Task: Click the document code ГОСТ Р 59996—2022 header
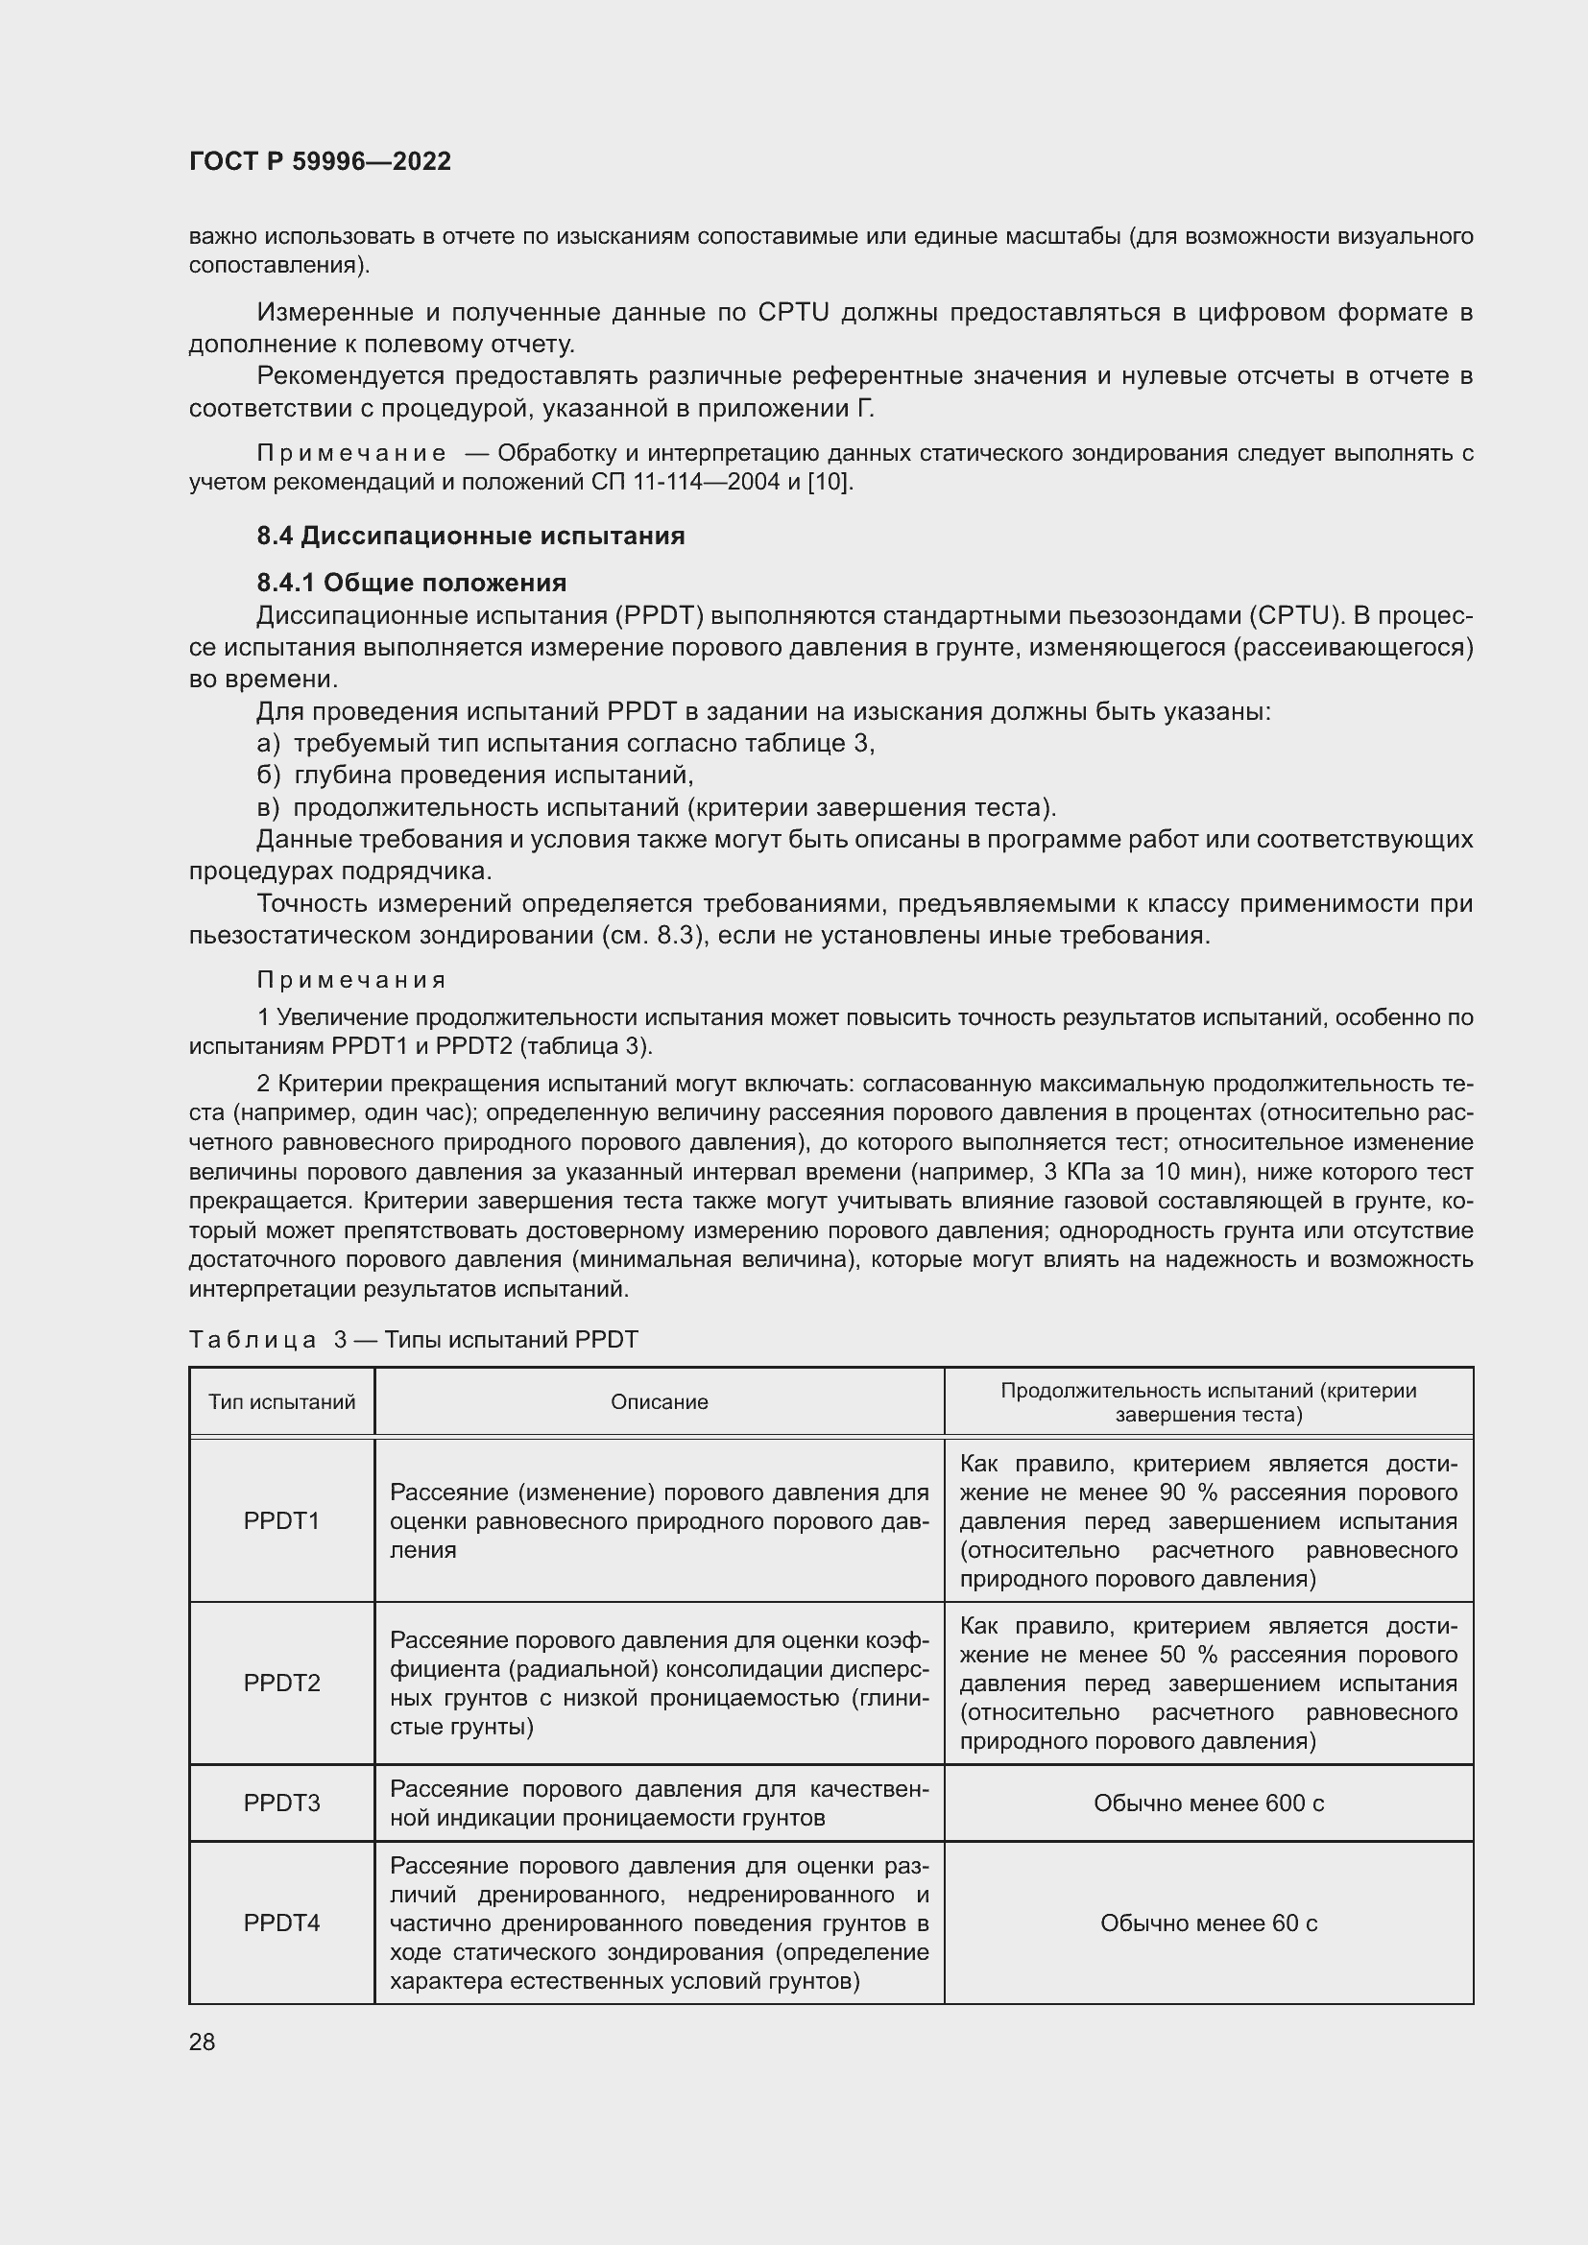point(320,161)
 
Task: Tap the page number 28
point(203,2042)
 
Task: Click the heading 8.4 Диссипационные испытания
point(470,536)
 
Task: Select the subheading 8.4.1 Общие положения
point(412,583)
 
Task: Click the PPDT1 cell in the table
point(281,1520)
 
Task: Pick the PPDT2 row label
point(281,1683)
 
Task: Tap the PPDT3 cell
point(281,1803)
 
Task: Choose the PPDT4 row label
point(281,1923)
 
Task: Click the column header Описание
point(659,1402)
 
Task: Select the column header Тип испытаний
point(281,1402)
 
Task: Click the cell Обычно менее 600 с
point(1209,1803)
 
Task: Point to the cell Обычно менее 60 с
point(1209,1923)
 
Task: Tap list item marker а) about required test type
point(268,744)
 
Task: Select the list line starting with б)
point(474,776)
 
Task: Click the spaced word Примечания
point(352,980)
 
